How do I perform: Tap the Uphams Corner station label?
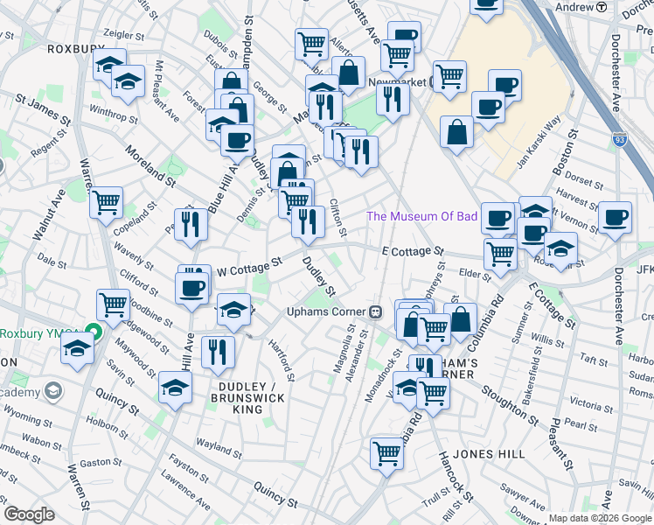328,311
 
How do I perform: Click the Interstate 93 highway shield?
620,138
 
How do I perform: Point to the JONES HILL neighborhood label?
490,454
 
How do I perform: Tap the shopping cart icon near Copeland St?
106,202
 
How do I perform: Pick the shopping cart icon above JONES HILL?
386,452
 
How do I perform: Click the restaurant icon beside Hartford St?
217,351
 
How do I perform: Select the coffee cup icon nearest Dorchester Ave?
615,216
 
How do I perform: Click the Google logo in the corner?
29,514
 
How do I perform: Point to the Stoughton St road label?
506,392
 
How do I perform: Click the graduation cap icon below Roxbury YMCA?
77,348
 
